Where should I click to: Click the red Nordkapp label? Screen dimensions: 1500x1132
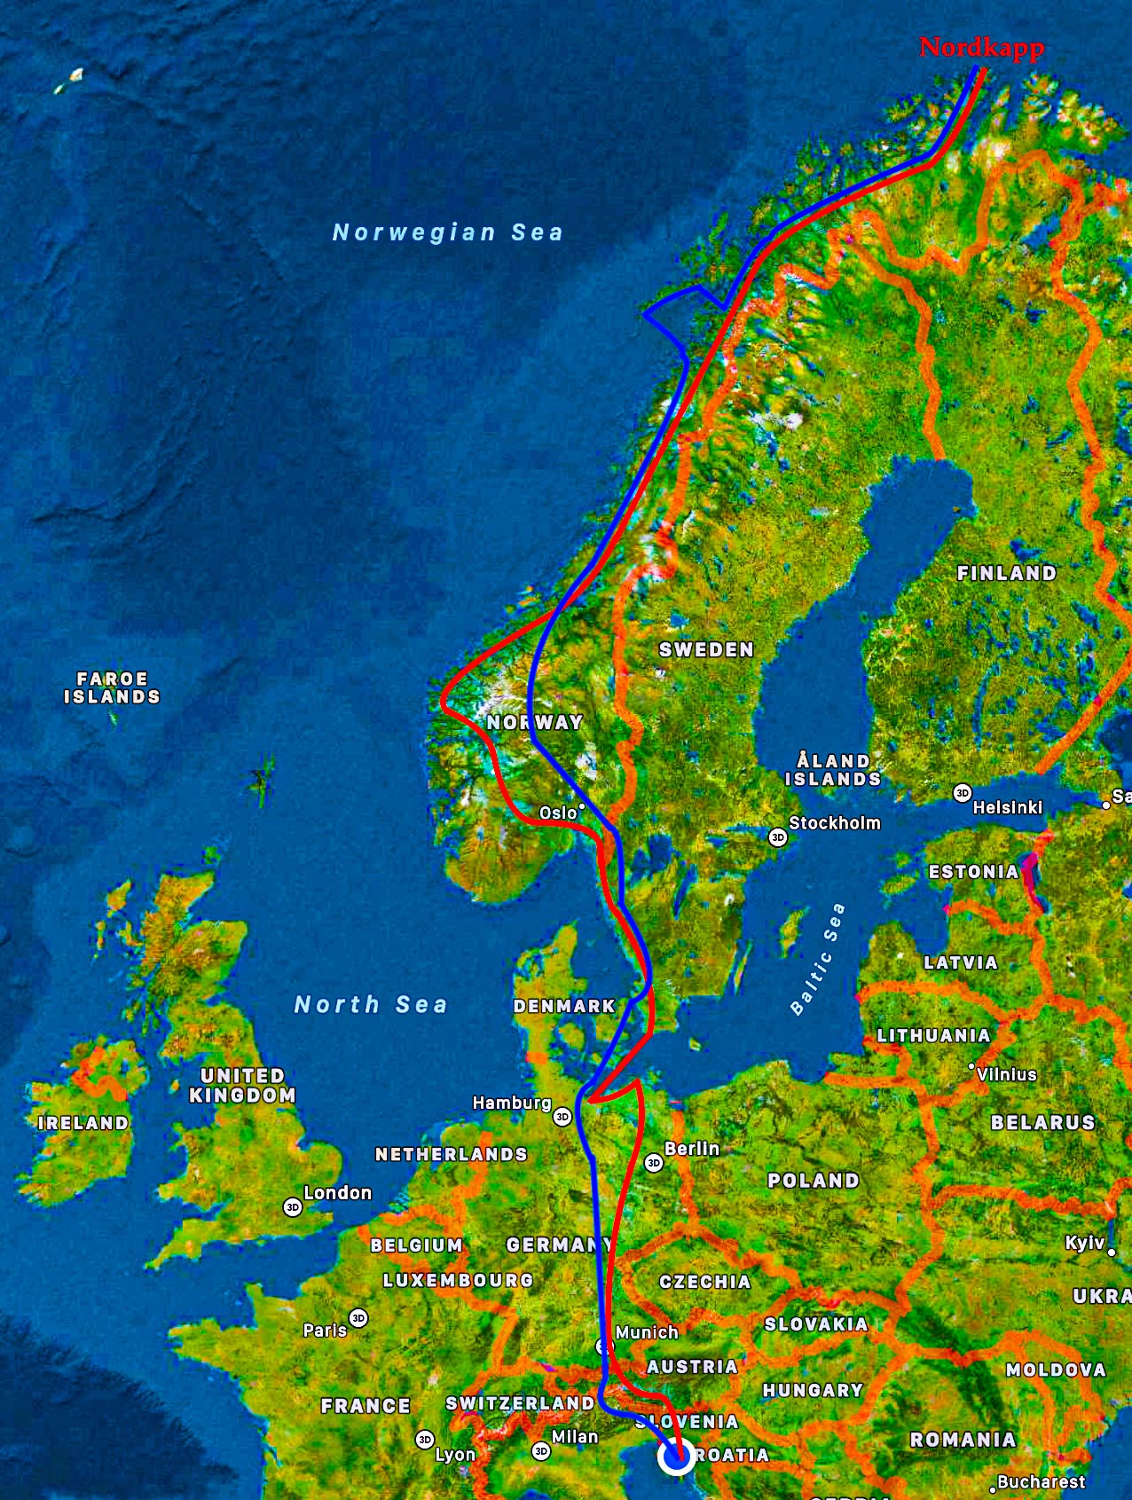click(x=981, y=47)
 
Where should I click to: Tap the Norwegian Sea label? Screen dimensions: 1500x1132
click(x=447, y=232)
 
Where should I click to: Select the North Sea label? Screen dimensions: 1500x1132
click(x=371, y=1004)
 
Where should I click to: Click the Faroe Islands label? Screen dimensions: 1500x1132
click(x=112, y=687)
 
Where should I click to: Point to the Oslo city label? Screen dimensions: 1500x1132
click(x=558, y=813)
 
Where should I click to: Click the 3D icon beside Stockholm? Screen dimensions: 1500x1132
click(x=778, y=837)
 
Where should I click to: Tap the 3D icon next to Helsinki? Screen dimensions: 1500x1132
click(x=963, y=793)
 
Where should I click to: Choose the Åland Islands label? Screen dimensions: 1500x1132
click(x=833, y=770)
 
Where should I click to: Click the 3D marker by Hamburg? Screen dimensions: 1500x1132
click(x=562, y=1117)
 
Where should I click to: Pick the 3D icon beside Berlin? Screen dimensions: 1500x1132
click(x=654, y=1163)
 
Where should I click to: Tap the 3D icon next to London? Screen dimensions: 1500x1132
click(x=293, y=1207)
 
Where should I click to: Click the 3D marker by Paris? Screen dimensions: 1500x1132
click(x=358, y=1318)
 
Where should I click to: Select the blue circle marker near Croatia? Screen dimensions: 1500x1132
click(x=677, y=1456)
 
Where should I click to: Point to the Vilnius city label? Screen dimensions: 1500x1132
click(x=1006, y=1074)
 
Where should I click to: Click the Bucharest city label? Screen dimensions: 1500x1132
click(x=1041, y=1481)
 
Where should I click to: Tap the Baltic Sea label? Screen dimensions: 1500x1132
click(x=817, y=959)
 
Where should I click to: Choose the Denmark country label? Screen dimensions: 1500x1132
click(x=564, y=1006)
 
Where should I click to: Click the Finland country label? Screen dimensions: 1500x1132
click(x=1007, y=573)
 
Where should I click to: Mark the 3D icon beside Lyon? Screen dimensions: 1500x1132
click(x=425, y=1440)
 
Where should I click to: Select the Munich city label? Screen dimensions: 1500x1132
click(x=647, y=1332)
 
